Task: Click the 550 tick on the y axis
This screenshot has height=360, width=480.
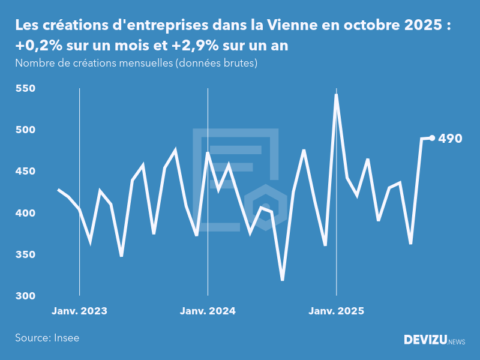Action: pos(25,89)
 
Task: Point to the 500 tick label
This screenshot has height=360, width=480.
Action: pos(25,130)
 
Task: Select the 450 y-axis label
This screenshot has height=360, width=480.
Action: pos(25,172)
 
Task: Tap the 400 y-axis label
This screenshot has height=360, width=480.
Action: pos(25,214)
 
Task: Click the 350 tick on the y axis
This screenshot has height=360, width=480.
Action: pos(25,255)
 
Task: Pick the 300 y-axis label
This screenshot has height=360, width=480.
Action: pos(25,296)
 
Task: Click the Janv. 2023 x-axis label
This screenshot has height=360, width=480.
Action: pos(79,311)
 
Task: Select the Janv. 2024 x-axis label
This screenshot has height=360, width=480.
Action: pos(208,311)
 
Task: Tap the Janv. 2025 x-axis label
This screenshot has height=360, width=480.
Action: pos(336,311)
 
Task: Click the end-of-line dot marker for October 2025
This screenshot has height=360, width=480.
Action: pos(432,138)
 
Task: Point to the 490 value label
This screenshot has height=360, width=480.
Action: pos(450,139)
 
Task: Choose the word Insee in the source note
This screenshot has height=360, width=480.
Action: pos(66,338)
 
